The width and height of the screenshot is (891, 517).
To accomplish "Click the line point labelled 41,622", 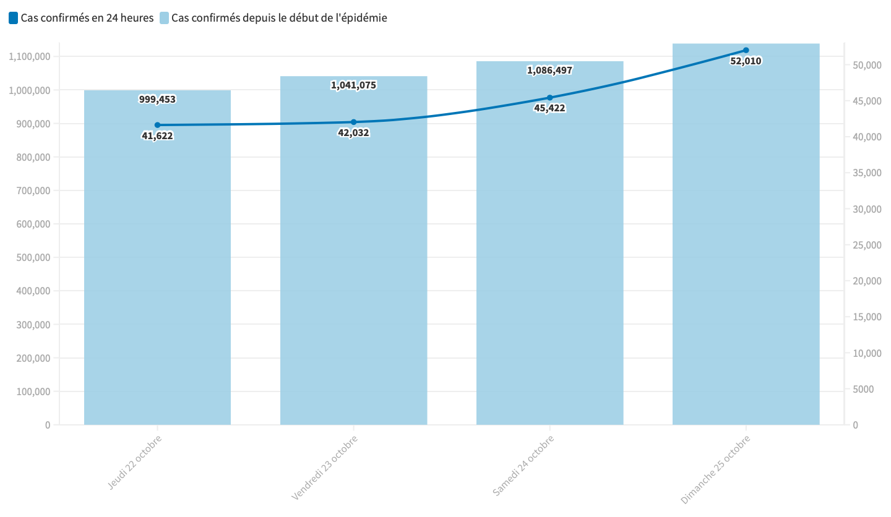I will (x=157, y=125).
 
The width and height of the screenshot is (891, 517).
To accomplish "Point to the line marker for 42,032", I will (x=353, y=122).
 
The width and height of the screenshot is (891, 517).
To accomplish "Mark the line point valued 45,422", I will (x=549, y=98).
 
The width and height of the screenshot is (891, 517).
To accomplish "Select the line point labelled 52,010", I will (x=746, y=50).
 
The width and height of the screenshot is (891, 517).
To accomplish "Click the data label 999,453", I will (x=157, y=99).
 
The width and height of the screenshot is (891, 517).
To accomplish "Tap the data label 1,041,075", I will (x=353, y=85).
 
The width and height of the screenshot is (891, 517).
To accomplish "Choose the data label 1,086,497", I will (x=549, y=70).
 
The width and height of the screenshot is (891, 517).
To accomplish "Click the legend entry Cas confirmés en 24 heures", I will (x=81, y=18).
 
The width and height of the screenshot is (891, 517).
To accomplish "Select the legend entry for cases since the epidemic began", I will (x=273, y=18).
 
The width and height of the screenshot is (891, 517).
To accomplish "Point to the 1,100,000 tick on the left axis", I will (x=30, y=56).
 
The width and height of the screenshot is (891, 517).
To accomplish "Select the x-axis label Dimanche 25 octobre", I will (x=717, y=468).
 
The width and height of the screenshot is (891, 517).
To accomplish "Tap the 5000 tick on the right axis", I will (x=864, y=389).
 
